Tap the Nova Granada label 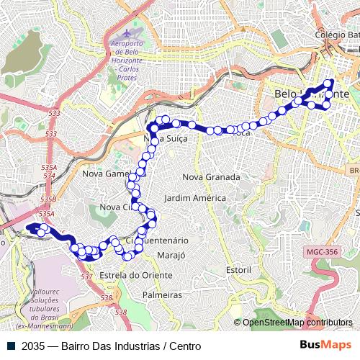(x=211, y=176)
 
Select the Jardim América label (x=194, y=198)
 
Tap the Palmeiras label (x=162, y=295)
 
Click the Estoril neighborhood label (x=238, y=269)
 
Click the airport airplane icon (x=127, y=33)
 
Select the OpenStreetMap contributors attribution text (x=297, y=323)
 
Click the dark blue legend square (x=11, y=346)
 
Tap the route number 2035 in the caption (x=33, y=346)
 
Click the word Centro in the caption (x=184, y=346)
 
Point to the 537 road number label (x=86, y=276)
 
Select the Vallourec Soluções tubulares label (x=50, y=310)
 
